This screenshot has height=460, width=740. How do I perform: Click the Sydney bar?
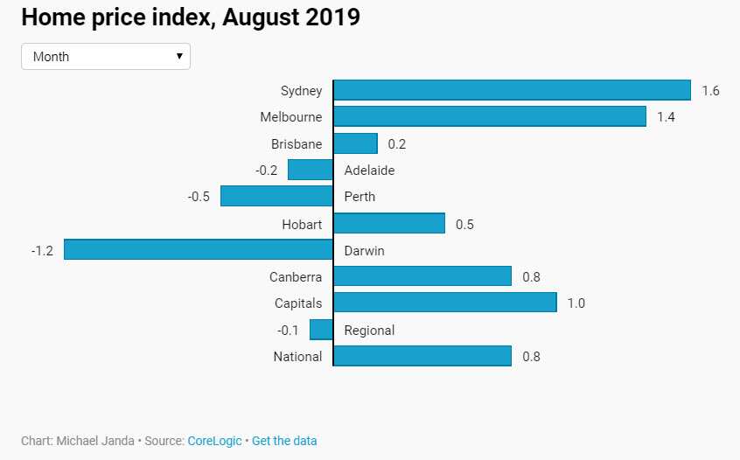[512, 90]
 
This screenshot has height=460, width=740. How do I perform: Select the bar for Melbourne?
[489, 116]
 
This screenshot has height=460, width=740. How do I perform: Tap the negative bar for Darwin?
[199, 250]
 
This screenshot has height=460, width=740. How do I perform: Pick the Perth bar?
[276, 196]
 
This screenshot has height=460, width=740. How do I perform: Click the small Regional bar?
[321, 330]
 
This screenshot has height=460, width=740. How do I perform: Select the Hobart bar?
[389, 224]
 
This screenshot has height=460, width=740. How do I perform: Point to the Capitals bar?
[444, 303]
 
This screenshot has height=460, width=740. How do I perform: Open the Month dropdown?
[106, 57]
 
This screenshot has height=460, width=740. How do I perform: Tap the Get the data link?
[284, 441]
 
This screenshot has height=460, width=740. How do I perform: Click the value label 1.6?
[710, 91]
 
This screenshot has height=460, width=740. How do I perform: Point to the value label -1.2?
[42, 251]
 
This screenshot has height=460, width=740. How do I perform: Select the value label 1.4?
[666, 117]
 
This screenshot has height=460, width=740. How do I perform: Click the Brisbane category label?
[297, 144]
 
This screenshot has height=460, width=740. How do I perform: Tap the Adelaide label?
[369, 171]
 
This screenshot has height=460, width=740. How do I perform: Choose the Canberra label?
[296, 277]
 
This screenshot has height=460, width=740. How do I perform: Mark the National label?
[297, 357]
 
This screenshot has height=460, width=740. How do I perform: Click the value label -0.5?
[199, 197]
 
